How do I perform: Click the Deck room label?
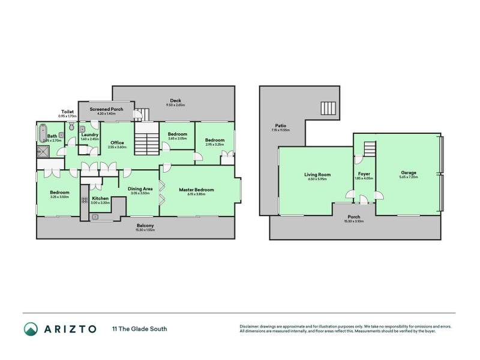[x=175, y=100]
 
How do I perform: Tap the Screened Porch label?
[x=106, y=109]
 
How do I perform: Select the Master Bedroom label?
[x=196, y=190]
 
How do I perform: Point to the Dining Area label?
[x=140, y=189]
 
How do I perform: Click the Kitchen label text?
[x=100, y=198]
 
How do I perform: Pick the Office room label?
[x=117, y=143]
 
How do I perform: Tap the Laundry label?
[x=89, y=135]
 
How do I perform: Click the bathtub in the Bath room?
[x=41, y=133]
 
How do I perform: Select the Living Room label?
[x=317, y=175]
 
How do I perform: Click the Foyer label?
[x=364, y=175]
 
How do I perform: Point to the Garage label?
[x=409, y=173]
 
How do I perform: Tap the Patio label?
[x=280, y=126]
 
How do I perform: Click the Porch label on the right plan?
[x=354, y=217]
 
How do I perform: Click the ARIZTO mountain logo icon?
[x=31, y=328]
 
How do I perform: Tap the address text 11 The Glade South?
[x=139, y=328]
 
